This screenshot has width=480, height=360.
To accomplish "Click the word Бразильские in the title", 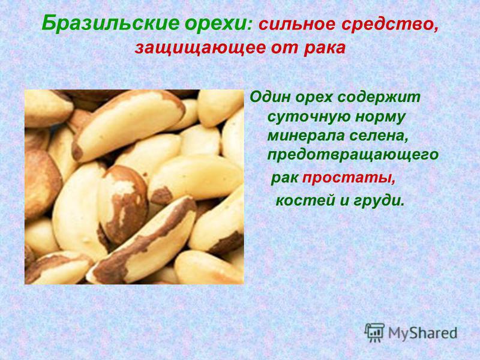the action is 110,23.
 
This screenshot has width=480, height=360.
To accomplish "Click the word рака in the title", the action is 325,48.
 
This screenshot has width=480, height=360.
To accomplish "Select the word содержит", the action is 379,98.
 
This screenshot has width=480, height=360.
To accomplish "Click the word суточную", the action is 309,117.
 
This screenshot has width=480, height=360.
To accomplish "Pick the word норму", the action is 380,118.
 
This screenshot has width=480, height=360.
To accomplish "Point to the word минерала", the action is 306,136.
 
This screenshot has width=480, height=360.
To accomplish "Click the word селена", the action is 379,136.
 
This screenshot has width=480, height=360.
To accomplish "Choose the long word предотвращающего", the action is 353,155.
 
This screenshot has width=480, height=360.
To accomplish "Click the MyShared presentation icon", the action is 374,332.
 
